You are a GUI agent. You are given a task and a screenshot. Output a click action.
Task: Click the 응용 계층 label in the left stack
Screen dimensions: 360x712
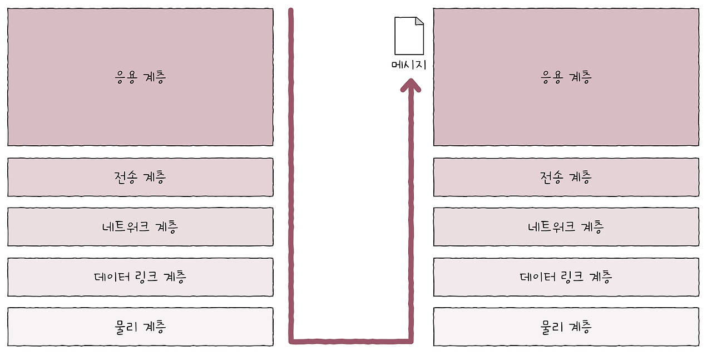coord(140,77)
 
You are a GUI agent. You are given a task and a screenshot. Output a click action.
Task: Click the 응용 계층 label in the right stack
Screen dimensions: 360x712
coord(566,77)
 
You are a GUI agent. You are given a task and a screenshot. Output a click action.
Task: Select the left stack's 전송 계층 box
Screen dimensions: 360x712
coord(140,177)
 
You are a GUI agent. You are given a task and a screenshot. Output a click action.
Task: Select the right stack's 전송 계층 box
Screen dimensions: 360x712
coord(566,177)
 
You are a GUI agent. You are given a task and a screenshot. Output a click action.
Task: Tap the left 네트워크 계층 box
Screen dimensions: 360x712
coord(140,227)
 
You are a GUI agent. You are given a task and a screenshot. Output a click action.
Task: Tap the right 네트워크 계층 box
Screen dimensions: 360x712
coord(566,227)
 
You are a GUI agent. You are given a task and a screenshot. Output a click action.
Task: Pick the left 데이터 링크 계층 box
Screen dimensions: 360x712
coord(140,277)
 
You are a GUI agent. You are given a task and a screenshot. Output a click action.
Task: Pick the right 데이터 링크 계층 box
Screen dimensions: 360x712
coord(566,277)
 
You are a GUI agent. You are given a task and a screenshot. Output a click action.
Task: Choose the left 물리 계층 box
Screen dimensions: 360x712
coord(140,327)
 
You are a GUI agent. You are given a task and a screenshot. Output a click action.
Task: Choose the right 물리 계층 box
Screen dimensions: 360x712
coord(566,327)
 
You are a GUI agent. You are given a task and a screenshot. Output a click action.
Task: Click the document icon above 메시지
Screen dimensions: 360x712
coord(409,36)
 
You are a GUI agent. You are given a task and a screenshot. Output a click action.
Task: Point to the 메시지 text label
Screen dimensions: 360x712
coord(409,65)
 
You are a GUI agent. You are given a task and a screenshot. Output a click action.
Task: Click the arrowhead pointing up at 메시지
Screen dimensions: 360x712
coord(411,85)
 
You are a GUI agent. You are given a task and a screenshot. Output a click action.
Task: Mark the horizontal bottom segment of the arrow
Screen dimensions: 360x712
coord(350,339)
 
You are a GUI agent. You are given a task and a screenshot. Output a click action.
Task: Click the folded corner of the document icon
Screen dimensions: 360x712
coord(419,21)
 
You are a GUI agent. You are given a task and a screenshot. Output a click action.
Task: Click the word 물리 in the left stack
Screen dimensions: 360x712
coord(126,327)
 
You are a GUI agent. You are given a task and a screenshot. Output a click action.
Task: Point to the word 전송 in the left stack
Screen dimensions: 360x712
coord(126,177)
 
